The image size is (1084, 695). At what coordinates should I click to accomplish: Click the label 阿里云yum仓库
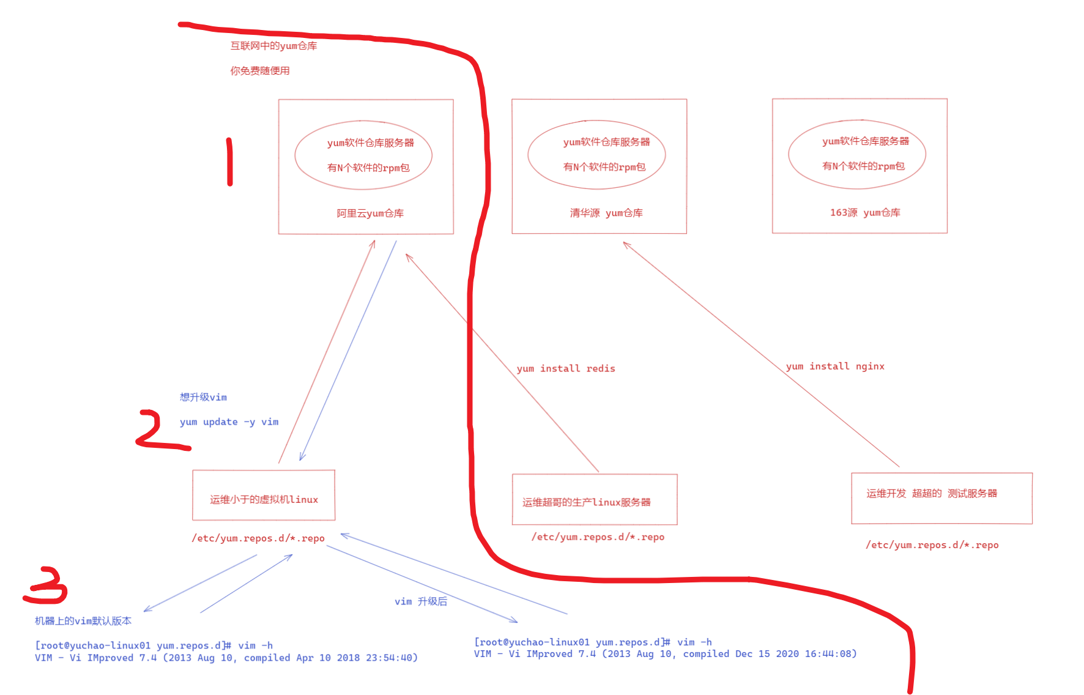click(370, 214)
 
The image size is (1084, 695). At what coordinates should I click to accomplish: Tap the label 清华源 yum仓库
click(606, 213)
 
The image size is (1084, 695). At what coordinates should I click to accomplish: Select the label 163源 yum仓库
click(865, 212)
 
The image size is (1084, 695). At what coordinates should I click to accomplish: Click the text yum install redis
click(566, 368)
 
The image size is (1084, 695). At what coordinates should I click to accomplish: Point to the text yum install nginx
click(835, 366)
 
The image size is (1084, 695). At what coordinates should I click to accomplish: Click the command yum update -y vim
click(229, 422)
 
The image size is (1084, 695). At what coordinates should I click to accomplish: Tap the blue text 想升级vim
click(203, 397)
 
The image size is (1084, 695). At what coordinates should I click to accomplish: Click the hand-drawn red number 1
click(229, 162)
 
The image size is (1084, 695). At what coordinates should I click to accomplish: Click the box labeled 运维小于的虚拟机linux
click(264, 496)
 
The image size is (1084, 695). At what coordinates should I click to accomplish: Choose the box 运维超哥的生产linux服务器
click(595, 499)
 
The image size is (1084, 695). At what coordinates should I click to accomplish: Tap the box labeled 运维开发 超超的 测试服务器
click(941, 498)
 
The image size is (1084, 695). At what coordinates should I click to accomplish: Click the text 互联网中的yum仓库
click(273, 46)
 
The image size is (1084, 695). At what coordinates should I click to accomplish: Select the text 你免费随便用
click(260, 71)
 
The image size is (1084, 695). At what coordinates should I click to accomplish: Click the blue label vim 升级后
click(421, 601)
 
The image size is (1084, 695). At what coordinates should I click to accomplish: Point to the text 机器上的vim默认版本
click(83, 621)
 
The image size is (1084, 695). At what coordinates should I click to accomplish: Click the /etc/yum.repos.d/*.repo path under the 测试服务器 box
click(932, 545)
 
